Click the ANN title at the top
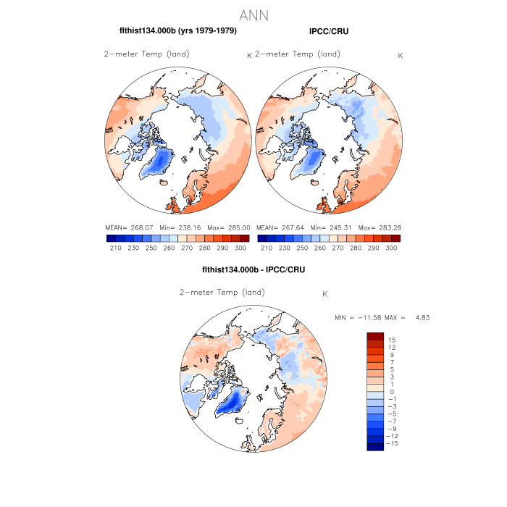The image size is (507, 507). [253, 15]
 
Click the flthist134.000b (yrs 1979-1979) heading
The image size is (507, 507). [177, 31]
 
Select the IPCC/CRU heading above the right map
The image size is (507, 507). [328, 31]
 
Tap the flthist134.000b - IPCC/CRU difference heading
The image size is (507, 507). [253, 269]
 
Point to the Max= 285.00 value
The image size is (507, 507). [232, 227]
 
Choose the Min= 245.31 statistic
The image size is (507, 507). [326, 227]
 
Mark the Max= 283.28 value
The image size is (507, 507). [383, 227]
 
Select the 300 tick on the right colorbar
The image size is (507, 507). [391, 248]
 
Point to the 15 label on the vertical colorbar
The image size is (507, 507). [392, 340]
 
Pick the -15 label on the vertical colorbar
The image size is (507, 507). [390, 444]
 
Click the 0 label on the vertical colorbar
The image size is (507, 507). [392, 392]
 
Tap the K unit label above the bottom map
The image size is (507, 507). [325, 293]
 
